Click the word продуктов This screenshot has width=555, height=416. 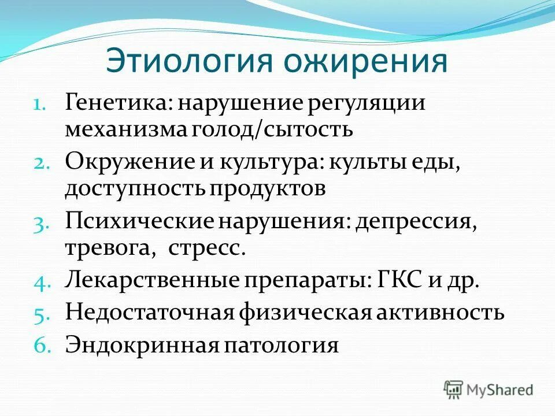point(268,188)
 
